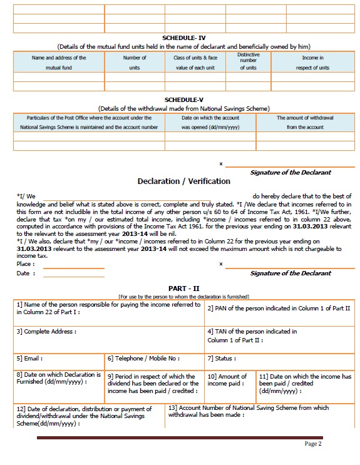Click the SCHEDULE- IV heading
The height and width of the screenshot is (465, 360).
pos(183,38)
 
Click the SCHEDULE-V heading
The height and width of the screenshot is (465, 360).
pos(183,100)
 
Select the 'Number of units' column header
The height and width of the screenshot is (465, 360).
pos(135,62)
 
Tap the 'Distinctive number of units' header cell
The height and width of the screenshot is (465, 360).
pos(248,61)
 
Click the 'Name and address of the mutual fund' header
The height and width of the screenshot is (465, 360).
pos(59,62)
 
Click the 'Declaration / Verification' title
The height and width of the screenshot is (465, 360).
pos(183,181)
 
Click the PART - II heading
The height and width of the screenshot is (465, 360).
pos(183,287)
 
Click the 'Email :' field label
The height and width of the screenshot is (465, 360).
pos(29,359)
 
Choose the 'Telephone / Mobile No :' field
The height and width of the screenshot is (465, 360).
pos(143,359)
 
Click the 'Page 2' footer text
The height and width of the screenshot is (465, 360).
pos(313,444)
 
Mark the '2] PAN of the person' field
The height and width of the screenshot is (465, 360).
pos(279,309)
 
